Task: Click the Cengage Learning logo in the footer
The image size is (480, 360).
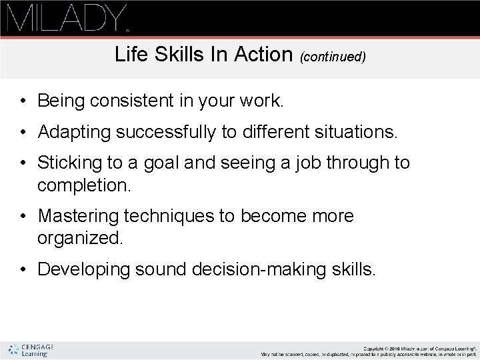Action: click(31, 350)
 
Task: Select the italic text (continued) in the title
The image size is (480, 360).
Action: click(333, 57)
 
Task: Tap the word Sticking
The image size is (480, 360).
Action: click(71, 163)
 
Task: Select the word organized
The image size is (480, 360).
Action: click(80, 239)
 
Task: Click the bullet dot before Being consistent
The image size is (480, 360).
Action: click(23, 102)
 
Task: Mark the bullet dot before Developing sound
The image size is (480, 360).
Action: click(23, 270)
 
